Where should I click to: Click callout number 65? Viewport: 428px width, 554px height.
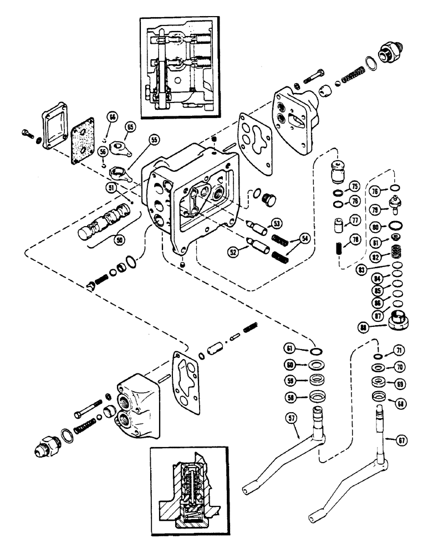131,127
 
